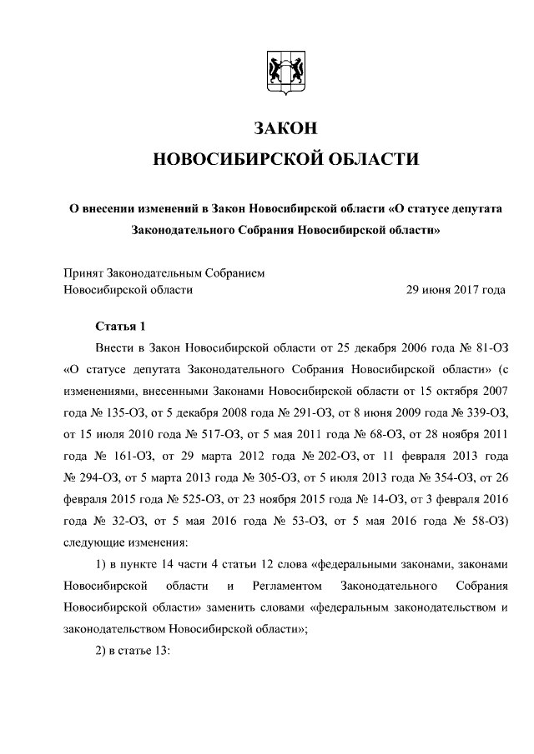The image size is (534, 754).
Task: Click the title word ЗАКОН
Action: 285,128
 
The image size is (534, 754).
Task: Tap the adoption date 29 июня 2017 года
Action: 455,290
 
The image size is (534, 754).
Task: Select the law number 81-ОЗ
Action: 490,346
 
